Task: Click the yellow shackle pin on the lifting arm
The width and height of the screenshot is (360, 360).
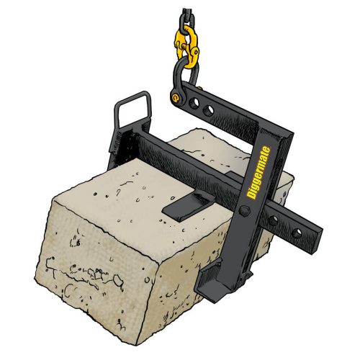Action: point(176,96)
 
